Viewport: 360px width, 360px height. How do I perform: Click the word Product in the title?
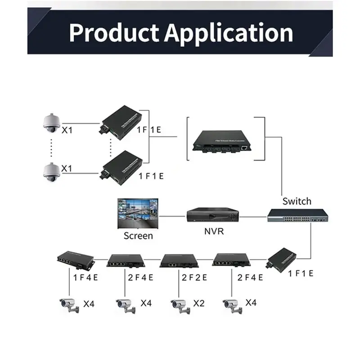click(x=114, y=32)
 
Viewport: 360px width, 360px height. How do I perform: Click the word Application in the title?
click(x=229, y=32)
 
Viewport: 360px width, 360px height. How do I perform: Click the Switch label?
click(x=297, y=201)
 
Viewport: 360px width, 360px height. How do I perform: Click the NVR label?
click(x=213, y=232)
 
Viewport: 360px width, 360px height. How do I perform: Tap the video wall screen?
click(x=137, y=213)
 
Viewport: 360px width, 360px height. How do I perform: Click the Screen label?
click(x=138, y=236)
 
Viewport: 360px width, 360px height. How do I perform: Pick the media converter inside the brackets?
click(x=220, y=141)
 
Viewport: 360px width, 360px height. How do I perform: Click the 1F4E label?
click(x=86, y=277)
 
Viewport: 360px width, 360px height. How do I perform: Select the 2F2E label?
click(x=194, y=277)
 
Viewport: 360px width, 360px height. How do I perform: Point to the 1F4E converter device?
click(x=75, y=258)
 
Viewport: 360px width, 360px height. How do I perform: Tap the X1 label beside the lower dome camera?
click(x=67, y=168)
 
